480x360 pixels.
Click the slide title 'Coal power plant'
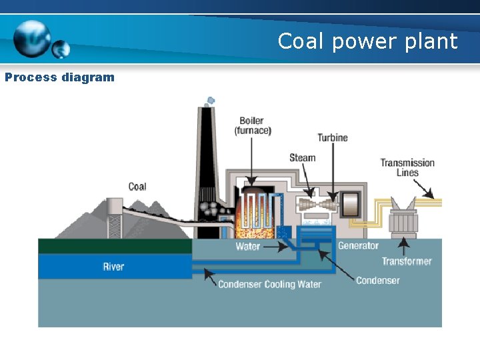367,41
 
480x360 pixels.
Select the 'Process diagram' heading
59,77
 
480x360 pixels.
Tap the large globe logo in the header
32,38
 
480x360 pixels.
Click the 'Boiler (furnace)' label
253,126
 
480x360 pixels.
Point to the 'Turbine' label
332,138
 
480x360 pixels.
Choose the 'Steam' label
302,158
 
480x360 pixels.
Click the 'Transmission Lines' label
407,167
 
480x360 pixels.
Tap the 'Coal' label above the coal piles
137,187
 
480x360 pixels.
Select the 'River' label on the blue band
113,267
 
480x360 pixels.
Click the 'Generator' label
358,246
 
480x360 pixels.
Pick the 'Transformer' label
407,261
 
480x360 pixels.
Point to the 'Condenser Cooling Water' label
269,285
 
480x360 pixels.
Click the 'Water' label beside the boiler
248,247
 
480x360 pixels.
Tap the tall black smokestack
205,160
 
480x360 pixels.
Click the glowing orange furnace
253,217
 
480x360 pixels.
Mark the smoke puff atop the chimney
210,101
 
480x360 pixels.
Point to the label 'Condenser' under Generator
377,281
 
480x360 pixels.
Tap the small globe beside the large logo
61,49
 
